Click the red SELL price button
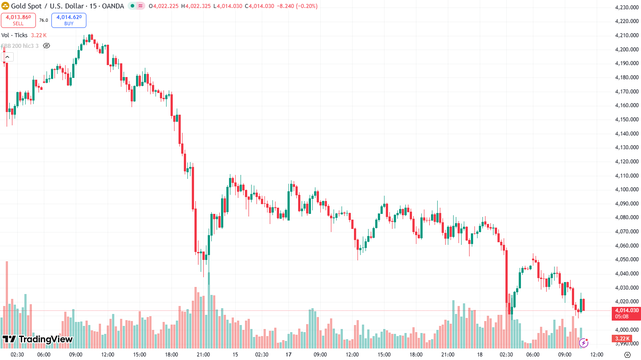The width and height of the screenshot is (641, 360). [18, 20]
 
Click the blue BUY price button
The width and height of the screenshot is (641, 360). [69, 20]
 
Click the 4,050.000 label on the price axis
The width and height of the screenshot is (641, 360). [626, 259]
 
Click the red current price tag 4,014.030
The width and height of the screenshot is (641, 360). [625, 310]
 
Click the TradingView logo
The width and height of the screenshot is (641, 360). [37, 339]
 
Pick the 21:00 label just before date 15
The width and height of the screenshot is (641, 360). [203, 355]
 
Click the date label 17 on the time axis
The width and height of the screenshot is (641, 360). [288, 355]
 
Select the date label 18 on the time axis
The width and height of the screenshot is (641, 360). [480, 355]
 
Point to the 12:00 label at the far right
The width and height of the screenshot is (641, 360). [597, 355]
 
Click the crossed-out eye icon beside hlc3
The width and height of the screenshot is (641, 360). [47, 46]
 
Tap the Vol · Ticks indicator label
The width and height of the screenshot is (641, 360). [14, 35]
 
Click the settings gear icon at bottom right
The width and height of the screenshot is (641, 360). [627, 355]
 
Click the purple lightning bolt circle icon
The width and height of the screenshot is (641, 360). [584, 342]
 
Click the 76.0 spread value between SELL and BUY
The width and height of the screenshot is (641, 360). [43, 20]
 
